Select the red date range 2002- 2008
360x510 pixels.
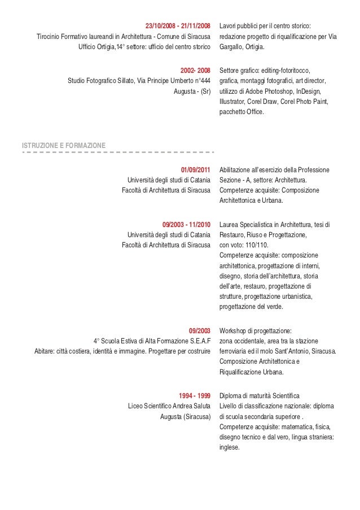[x=195, y=71]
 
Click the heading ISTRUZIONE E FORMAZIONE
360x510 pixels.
[x=62, y=145]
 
